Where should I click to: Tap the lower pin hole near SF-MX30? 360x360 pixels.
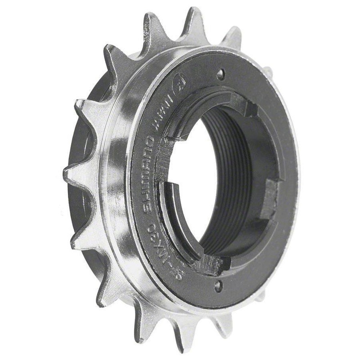tap(218, 284)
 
